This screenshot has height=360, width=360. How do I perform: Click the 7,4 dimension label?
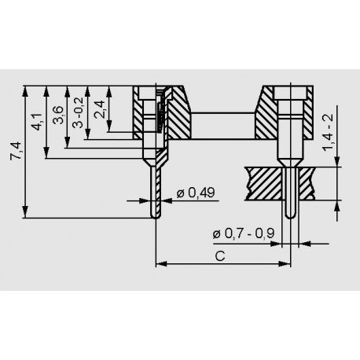coord(15,151)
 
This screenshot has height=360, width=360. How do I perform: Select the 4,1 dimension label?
coord(37,122)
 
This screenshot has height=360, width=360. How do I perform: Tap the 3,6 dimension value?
coord(58,115)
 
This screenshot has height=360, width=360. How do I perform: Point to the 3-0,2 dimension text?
coord(78,112)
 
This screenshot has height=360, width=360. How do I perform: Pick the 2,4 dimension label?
coord(99,109)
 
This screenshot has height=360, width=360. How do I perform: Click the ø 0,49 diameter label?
coord(196,193)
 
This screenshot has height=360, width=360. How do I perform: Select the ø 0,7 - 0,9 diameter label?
coord(244,233)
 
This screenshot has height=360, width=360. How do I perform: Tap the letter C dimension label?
coord(220,256)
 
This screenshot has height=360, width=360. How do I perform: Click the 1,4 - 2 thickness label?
coord(328,132)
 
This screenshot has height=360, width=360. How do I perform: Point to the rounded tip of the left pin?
coord(156,217)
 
